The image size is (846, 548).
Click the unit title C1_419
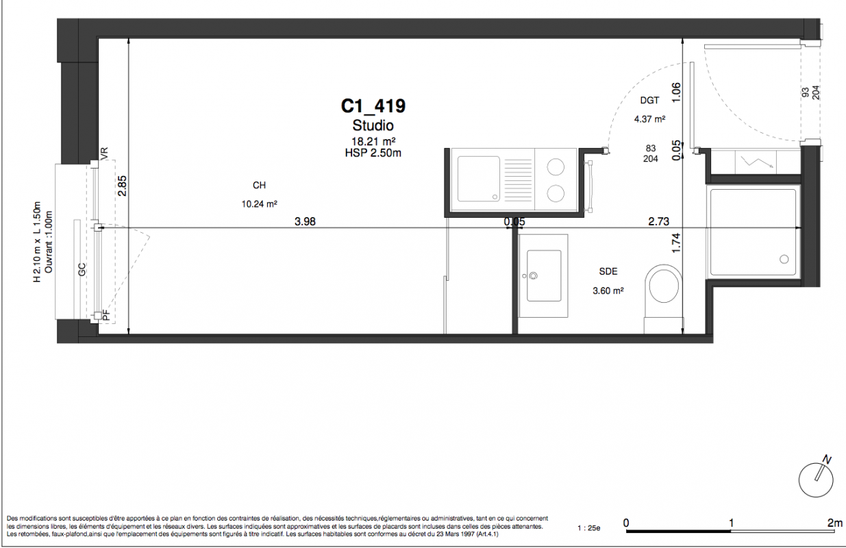coord(373,106)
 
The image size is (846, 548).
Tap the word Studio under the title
coord(373,125)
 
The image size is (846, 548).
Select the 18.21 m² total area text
coord(373,142)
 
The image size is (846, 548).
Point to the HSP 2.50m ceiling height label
coord(373,153)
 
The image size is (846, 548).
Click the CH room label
coord(259,186)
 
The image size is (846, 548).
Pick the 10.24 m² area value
coord(260,204)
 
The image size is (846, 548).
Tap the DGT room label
coord(649,101)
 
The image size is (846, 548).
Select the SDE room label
coord(608,271)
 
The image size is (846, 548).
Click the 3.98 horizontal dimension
coord(305,222)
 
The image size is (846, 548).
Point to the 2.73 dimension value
coord(659,221)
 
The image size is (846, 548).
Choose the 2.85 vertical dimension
coord(123,186)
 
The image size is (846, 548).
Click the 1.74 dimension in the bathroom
coord(676,243)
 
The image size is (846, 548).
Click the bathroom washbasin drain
coord(534,276)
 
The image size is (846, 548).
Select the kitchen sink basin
coord(479,179)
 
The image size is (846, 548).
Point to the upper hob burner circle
coord(556,166)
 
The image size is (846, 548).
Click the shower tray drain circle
coord(784,260)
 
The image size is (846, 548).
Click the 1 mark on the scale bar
coord(731,523)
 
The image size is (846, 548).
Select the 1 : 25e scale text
coord(589,528)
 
